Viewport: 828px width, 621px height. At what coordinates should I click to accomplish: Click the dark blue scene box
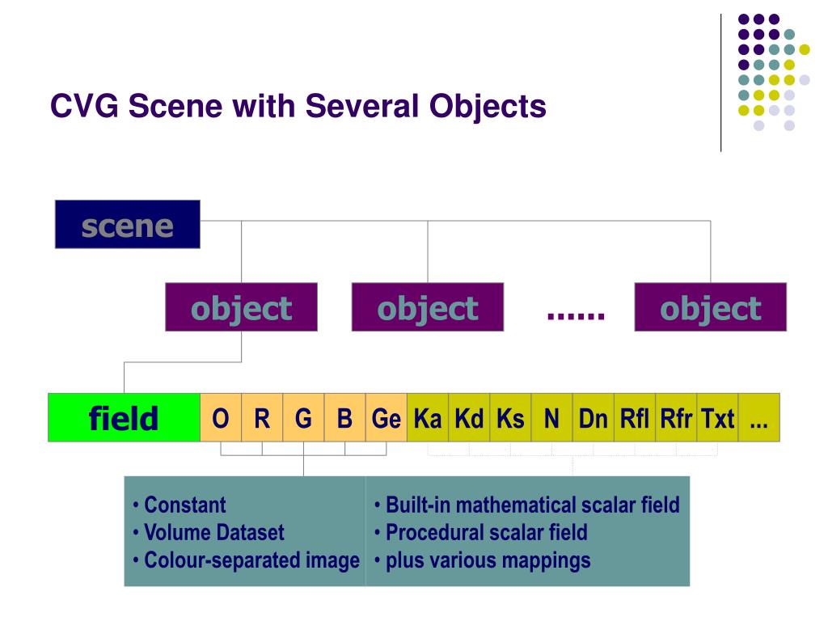tap(127, 224)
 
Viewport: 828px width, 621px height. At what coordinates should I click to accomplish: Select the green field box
tap(124, 418)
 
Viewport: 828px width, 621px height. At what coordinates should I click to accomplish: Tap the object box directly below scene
tap(241, 307)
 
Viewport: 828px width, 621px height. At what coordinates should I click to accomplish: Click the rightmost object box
tap(710, 307)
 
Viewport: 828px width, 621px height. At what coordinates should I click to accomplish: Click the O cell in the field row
tap(220, 418)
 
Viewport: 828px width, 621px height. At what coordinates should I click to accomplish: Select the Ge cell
tap(386, 418)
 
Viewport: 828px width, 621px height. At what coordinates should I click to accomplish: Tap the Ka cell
tap(428, 418)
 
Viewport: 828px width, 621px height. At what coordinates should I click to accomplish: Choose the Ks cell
tap(510, 418)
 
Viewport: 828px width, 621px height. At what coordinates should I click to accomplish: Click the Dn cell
tap(593, 418)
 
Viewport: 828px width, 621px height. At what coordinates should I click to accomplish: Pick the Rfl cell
tap(635, 418)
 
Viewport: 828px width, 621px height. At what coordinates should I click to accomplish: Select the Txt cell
tap(717, 418)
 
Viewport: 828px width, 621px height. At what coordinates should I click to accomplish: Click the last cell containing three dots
tap(758, 418)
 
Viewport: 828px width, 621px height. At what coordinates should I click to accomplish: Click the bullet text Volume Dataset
tap(213, 533)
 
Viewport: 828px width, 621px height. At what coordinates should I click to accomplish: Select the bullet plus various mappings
tap(488, 560)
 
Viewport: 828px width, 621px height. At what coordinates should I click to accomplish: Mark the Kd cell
tap(469, 418)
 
